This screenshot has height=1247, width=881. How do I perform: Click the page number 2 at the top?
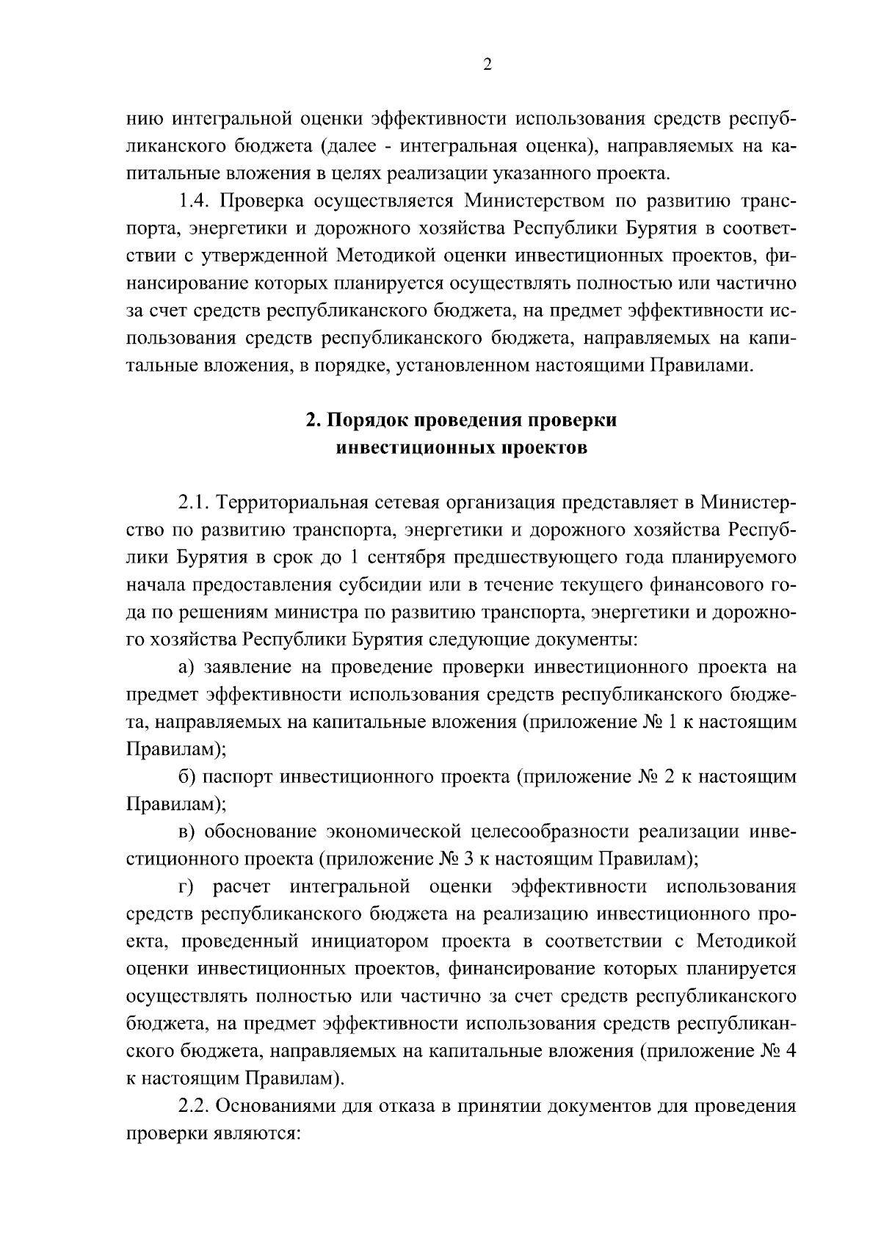click(x=487, y=65)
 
